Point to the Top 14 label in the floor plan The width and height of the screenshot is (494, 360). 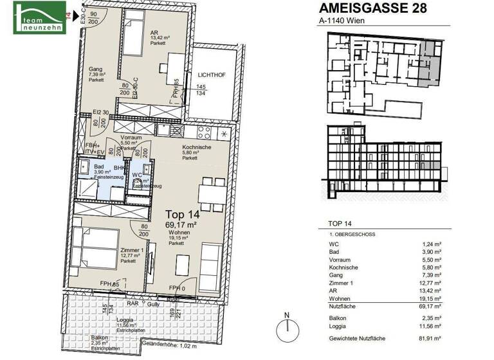pos(183,215)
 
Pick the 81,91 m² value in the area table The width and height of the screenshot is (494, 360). pos(430,337)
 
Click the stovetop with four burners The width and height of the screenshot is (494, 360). pos(204,133)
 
